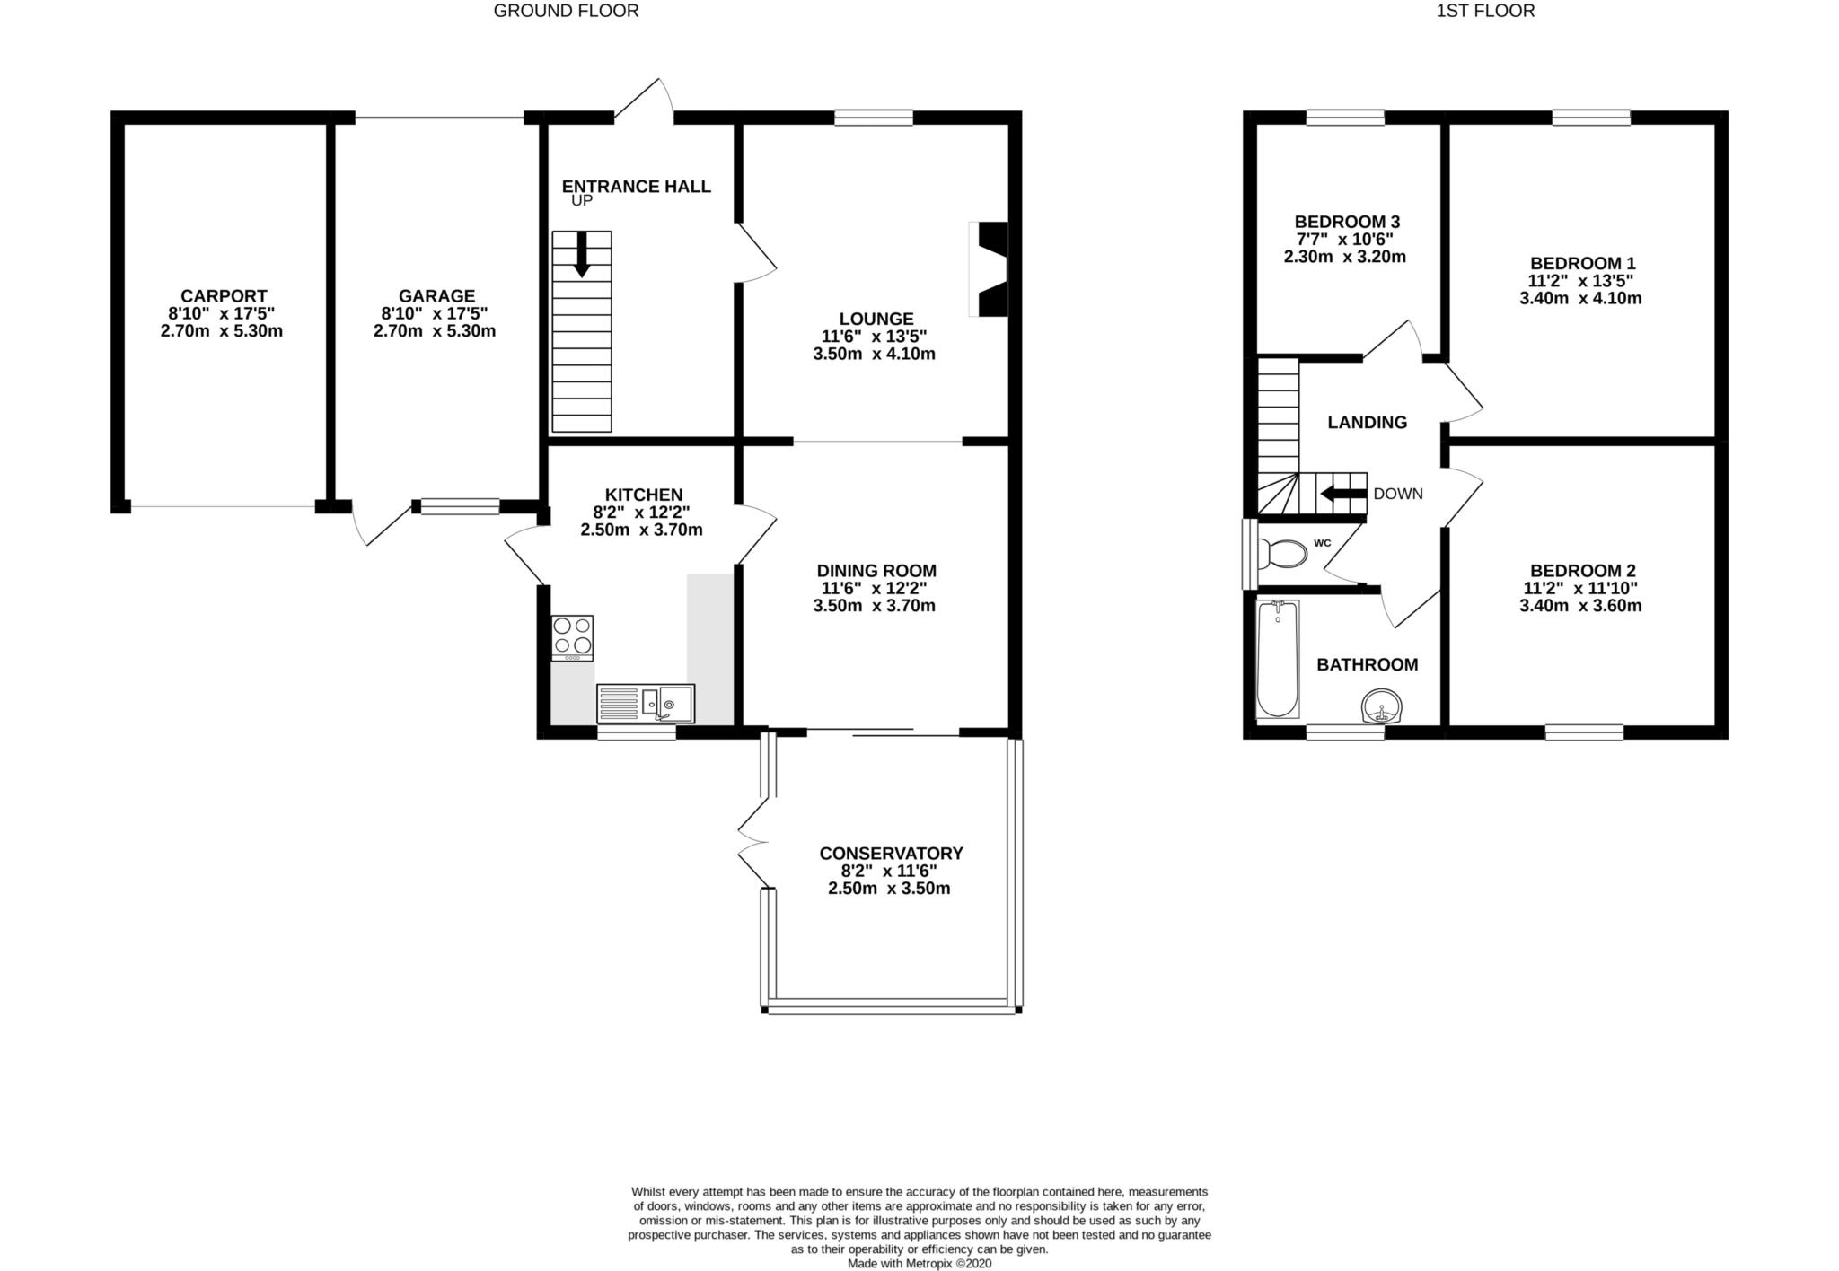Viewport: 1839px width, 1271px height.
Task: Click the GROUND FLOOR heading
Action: tap(566, 11)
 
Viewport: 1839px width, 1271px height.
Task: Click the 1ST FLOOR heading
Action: tap(1485, 11)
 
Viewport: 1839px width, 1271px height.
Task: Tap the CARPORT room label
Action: tap(224, 296)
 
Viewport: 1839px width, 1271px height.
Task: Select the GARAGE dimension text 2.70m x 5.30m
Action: tap(435, 331)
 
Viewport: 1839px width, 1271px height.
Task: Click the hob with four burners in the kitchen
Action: tap(572, 636)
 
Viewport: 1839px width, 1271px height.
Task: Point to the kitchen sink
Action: tap(646, 704)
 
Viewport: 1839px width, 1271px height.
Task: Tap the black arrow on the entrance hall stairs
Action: tap(582, 254)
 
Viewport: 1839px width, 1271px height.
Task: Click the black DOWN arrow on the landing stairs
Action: tap(1342, 494)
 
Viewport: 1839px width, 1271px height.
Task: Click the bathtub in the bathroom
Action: tap(1277, 659)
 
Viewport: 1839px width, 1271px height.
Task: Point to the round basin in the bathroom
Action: tap(1381, 706)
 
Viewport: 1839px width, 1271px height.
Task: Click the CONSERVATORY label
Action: tap(891, 854)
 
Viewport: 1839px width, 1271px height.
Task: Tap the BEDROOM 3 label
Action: tap(1347, 222)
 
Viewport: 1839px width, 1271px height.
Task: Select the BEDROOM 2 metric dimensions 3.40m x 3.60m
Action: tap(1580, 606)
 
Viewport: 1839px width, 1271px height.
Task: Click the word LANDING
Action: tap(1367, 423)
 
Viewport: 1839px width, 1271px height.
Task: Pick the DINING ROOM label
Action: tap(876, 571)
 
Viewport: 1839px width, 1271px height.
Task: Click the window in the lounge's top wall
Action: tap(873, 118)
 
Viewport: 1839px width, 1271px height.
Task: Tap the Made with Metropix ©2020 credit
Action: tap(919, 1263)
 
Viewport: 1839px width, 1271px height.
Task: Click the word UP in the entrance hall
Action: tap(582, 201)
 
